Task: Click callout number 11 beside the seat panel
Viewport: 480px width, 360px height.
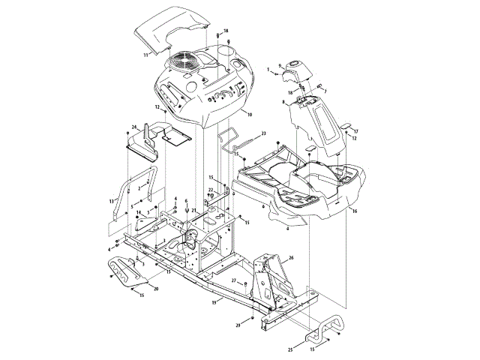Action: point(145,55)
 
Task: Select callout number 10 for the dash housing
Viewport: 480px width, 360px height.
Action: point(249,114)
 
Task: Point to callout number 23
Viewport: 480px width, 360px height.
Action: point(264,133)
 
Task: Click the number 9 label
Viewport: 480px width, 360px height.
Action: point(280,65)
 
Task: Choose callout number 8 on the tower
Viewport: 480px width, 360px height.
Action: point(283,101)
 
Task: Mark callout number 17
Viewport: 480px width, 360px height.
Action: point(356,130)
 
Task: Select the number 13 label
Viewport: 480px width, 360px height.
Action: point(112,201)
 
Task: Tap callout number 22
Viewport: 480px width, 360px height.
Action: point(211,190)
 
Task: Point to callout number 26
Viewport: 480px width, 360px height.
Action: point(291,257)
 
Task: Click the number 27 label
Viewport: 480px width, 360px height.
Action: point(233,280)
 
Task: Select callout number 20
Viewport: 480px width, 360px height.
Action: point(156,288)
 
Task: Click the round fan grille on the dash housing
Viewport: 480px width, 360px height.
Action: point(184,61)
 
